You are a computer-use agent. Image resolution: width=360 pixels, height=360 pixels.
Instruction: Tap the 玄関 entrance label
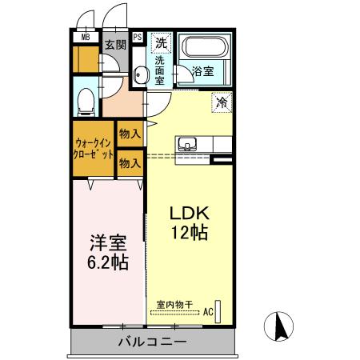[x=114, y=45]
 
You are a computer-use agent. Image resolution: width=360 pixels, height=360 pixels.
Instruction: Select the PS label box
[x=138, y=37]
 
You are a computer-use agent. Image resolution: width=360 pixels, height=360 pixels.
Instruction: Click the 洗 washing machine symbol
[x=161, y=42]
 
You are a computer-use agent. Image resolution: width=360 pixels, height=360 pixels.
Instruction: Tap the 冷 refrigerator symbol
[x=222, y=102]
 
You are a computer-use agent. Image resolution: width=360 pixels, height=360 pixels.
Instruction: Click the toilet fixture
[x=87, y=99]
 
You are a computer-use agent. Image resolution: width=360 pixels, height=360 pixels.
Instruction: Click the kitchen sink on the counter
[x=189, y=144]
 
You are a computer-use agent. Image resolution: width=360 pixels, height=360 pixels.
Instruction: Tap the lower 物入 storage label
[x=130, y=162]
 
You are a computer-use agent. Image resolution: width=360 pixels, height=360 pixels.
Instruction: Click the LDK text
[x=190, y=214]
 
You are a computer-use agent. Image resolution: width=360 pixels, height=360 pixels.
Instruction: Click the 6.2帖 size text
[x=105, y=262]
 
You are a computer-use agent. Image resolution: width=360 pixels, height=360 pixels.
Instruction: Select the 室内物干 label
[x=174, y=305]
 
